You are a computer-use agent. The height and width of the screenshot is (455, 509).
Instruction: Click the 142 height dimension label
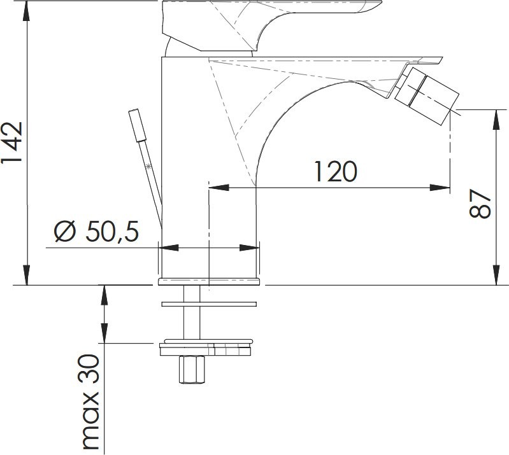[x=11, y=143]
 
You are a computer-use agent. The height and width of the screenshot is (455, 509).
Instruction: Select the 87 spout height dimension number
[x=480, y=204]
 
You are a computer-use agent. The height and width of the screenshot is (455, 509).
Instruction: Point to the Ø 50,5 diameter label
[x=96, y=232]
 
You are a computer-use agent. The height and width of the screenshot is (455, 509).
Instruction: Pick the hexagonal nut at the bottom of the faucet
[x=192, y=369]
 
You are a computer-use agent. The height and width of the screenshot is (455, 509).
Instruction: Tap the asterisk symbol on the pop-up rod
[x=148, y=167]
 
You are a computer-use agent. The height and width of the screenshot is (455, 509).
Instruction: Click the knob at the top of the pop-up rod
[x=138, y=125]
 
